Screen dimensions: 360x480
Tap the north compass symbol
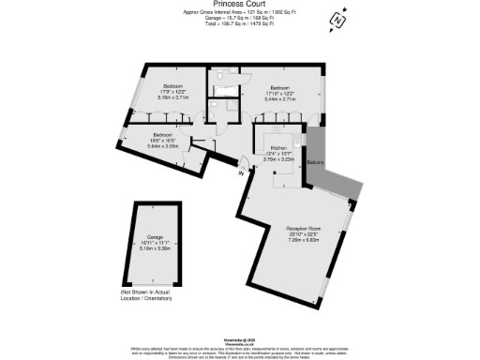point(335,19)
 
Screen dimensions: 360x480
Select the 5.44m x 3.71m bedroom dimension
point(287,97)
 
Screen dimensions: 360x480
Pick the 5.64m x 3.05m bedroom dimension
point(163,145)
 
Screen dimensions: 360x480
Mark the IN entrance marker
point(242,172)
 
